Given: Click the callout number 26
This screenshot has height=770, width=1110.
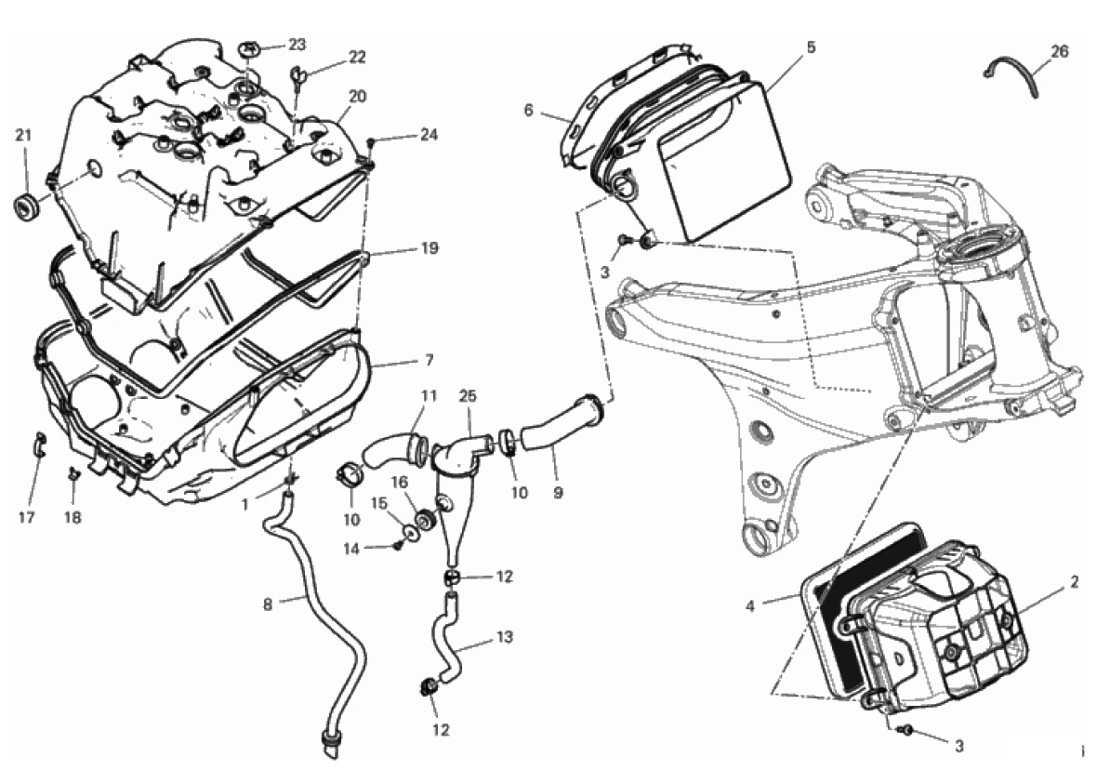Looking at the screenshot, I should (1060, 51).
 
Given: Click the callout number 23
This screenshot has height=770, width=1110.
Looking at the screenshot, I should (297, 44).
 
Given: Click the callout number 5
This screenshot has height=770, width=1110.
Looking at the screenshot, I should (811, 46).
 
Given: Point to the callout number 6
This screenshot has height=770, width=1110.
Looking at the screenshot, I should (528, 110).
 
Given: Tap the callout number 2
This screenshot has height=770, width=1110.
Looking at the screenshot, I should (1074, 582).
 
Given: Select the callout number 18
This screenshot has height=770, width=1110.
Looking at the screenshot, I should (73, 517).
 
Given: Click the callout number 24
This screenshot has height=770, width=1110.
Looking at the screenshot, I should (427, 134).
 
